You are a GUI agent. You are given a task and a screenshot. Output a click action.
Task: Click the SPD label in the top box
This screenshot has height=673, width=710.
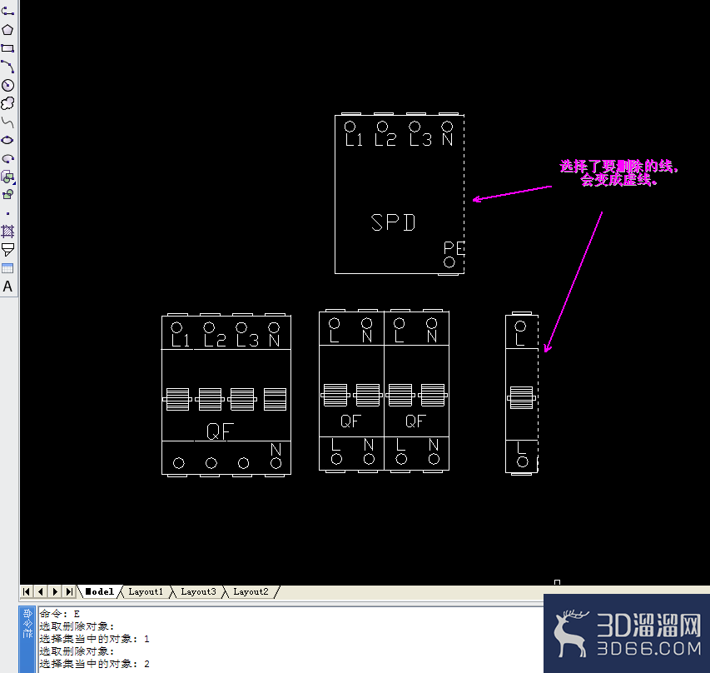(393, 222)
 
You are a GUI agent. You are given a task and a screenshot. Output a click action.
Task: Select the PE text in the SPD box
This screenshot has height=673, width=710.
(454, 248)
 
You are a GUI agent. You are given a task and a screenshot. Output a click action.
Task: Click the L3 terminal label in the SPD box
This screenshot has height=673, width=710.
(420, 140)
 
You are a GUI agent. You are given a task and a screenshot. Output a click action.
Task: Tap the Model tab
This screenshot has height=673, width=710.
(100, 591)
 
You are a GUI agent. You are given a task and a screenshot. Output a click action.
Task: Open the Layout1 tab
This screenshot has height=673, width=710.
(146, 591)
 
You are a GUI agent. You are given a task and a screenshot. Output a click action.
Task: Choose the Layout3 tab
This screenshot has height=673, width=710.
(198, 591)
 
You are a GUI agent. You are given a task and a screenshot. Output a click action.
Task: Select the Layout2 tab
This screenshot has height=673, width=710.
(251, 591)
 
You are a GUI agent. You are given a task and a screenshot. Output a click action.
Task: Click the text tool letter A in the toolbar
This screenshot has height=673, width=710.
(7, 287)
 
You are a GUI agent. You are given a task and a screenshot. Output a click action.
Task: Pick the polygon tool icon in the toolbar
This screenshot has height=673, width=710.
(7, 30)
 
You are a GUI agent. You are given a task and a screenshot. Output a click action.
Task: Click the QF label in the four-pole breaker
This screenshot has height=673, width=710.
(220, 431)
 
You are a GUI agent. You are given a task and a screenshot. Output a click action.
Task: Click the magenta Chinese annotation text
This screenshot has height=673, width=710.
(619, 173)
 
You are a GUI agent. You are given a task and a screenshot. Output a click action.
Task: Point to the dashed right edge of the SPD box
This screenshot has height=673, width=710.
(464, 194)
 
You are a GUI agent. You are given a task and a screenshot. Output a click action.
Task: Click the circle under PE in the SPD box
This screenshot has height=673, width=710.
(449, 262)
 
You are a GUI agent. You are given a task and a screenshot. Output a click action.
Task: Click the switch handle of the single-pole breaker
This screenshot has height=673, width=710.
(521, 398)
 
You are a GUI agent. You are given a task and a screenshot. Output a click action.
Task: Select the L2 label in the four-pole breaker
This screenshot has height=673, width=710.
(215, 341)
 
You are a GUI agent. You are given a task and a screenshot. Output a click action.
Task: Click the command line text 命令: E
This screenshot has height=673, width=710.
(60, 614)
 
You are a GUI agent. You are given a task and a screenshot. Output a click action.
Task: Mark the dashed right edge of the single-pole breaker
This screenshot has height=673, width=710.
(538, 394)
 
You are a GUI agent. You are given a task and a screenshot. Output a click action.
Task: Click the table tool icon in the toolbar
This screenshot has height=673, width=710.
(7, 268)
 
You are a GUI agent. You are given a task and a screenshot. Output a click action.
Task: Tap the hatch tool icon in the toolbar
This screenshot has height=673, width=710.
(7, 232)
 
